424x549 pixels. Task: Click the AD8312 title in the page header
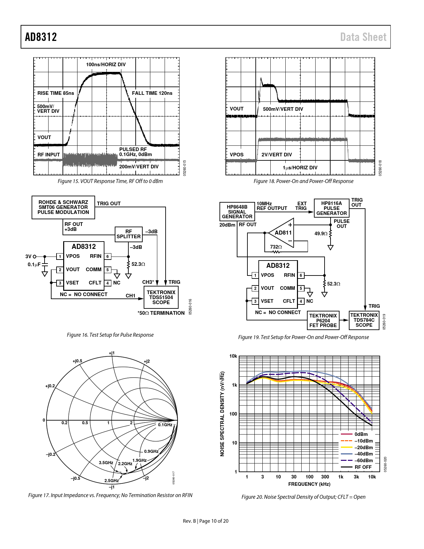pos(41,37)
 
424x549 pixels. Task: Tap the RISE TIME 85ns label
pos(56,93)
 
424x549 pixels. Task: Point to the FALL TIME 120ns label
pos(152,93)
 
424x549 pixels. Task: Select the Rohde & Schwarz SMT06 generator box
pos(63,207)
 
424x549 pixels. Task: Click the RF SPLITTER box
pos(128,234)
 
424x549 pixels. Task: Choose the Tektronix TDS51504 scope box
pos(161,297)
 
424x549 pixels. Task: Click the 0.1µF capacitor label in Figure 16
pos(34,265)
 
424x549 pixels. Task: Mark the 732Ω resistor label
pos(276,247)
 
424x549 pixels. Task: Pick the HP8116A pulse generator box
pos(331,208)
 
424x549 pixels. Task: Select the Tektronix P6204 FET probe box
pos(323,320)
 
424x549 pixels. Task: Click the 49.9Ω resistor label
pos(321,234)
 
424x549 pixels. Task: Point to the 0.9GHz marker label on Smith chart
pos(151,452)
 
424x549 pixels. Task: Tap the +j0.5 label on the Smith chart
pos(77,361)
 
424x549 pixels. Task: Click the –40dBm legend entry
pos(363,454)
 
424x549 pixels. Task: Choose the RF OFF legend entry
pos(363,467)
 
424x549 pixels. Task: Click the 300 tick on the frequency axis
pos(325,477)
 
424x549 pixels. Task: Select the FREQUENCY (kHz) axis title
pos(309,484)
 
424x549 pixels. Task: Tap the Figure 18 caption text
pos(303,181)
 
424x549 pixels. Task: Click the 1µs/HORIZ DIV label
pos(300,168)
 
